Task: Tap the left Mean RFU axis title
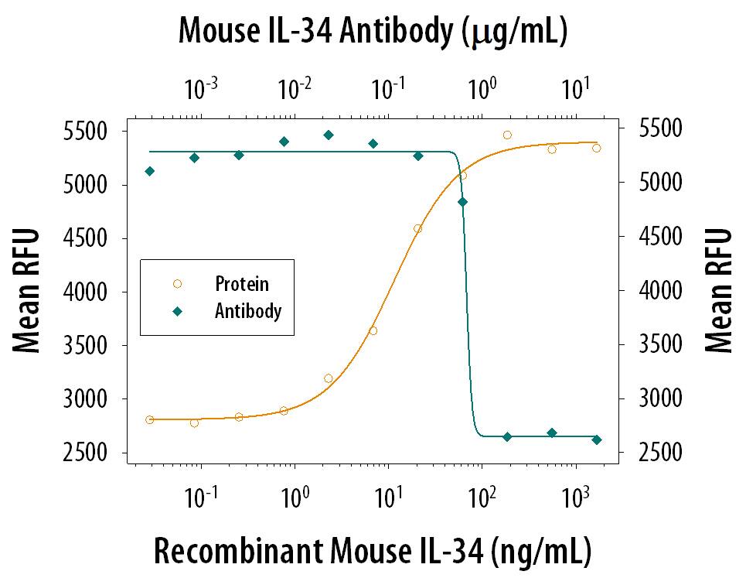coord(28,291)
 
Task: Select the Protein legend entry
coord(242,284)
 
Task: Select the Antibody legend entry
coord(247,312)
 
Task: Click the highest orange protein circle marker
coord(507,135)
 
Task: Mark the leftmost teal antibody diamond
coord(149,171)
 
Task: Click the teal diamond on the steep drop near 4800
coord(462,202)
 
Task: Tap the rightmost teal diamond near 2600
coord(596,439)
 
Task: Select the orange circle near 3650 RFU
coord(373,330)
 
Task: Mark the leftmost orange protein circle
coord(149,419)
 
